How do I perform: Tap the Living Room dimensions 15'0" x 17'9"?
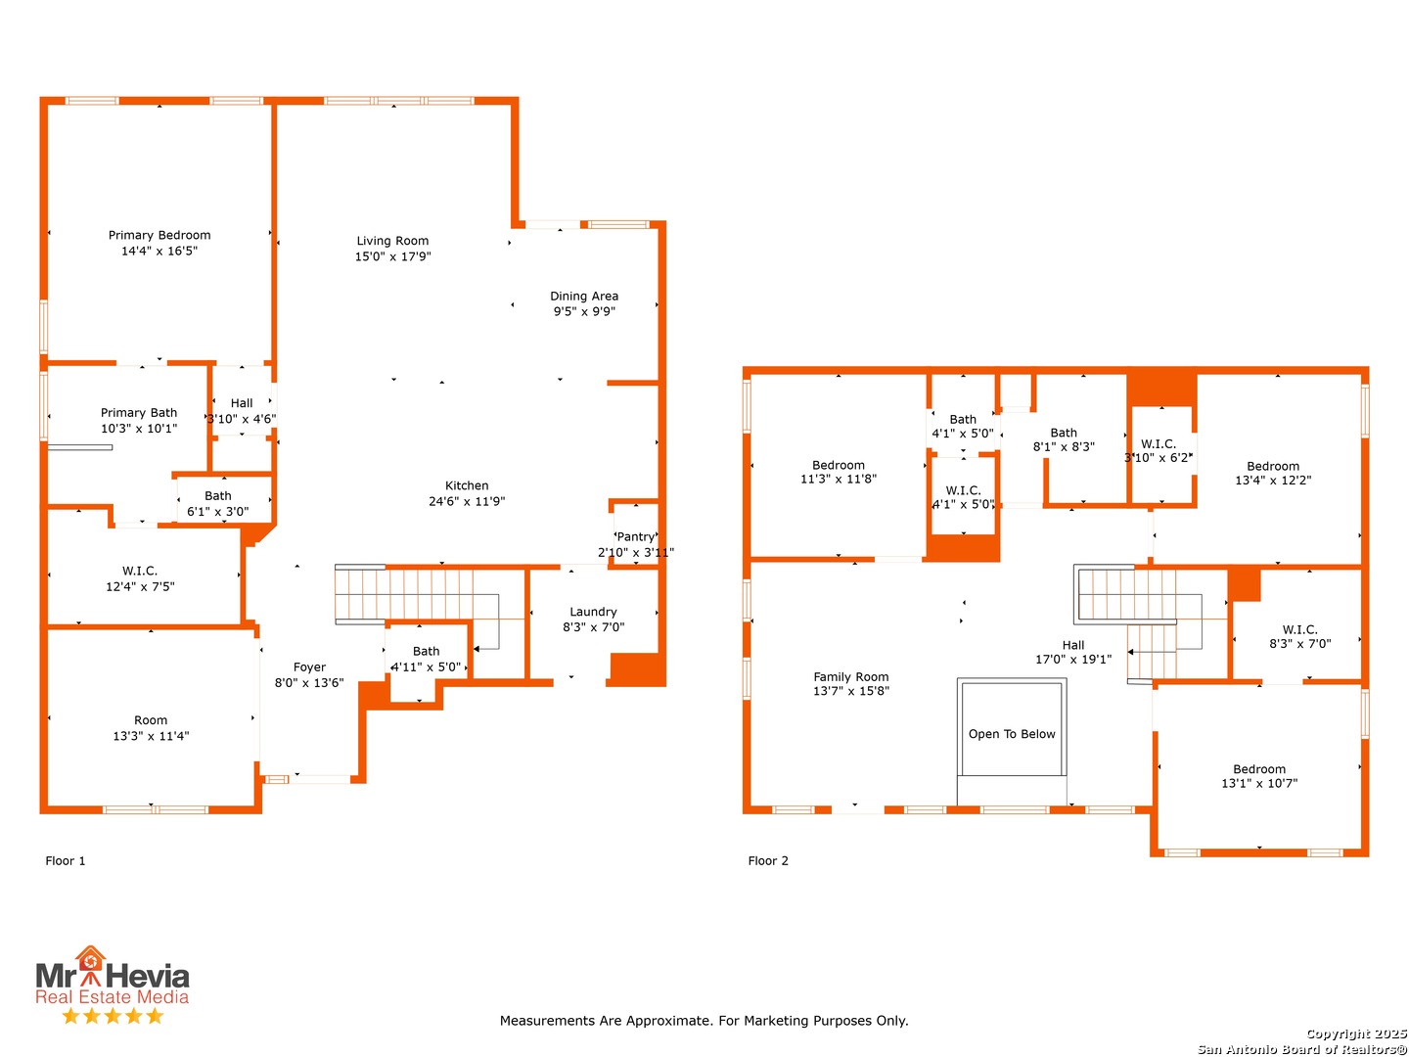pos(392,256)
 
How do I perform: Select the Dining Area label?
pos(584,296)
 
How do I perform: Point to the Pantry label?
pos(635,536)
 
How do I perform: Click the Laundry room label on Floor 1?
pos(593,612)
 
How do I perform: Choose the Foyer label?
pos(309,666)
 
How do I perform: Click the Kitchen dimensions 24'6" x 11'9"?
pos(467,501)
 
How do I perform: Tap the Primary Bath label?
pos(139,413)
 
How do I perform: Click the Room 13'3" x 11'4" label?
pos(151,728)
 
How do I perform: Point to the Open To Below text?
pos(1011,734)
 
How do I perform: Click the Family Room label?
pos(850,676)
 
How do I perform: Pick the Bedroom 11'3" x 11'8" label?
pos(838,472)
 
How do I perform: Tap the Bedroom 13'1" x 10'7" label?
pos(1258,776)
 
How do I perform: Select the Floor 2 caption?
pos(768,860)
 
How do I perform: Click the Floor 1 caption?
pos(65,860)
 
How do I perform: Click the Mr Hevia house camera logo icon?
pos(91,960)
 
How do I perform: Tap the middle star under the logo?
pos(113,1015)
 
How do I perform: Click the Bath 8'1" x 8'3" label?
pos(1063,439)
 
